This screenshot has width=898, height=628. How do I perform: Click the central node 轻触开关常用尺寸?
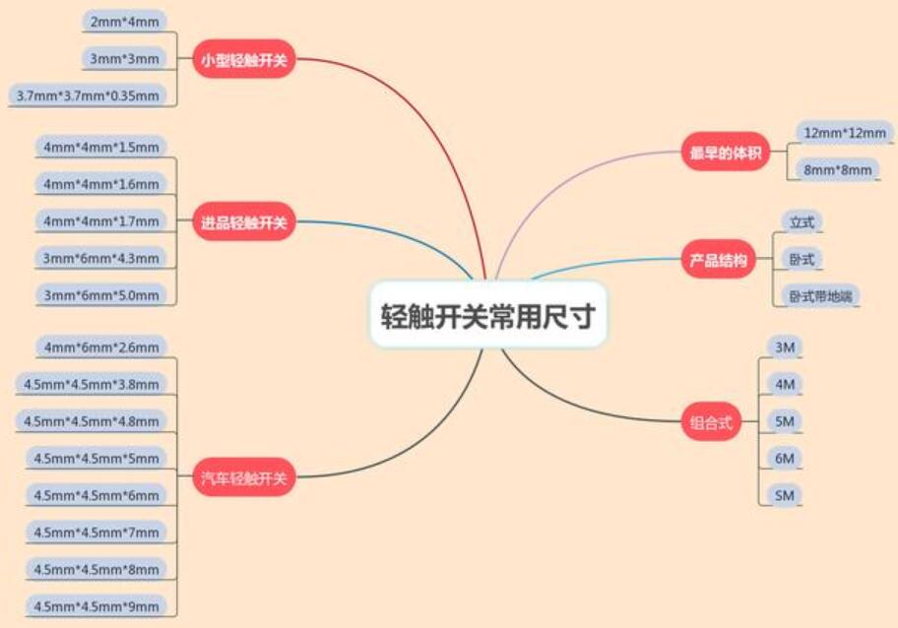(x=488, y=315)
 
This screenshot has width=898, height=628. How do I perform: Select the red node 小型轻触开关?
(x=243, y=59)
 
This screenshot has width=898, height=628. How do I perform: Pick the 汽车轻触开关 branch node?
(x=243, y=478)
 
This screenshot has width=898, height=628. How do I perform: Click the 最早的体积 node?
(x=726, y=153)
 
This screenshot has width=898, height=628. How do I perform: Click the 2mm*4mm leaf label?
(x=123, y=22)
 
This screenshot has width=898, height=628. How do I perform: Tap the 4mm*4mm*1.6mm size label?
(x=100, y=184)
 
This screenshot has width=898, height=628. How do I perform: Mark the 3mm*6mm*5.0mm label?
(x=100, y=294)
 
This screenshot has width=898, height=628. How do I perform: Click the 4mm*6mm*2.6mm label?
(x=100, y=346)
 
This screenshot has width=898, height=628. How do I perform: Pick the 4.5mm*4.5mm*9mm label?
(x=96, y=605)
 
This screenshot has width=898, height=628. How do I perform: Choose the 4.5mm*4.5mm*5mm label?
(x=96, y=458)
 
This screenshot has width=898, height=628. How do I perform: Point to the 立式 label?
(x=801, y=222)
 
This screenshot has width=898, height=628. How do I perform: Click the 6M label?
(x=785, y=458)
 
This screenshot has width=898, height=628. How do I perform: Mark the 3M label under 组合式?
(x=785, y=346)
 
